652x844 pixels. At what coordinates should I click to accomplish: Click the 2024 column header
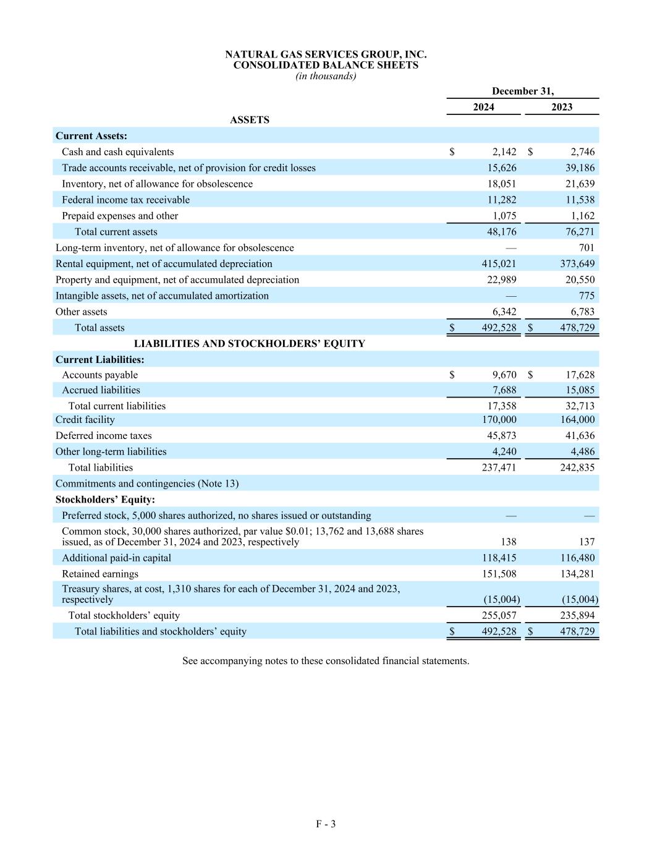tap(483, 107)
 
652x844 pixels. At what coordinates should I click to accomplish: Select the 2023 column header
tap(561, 107)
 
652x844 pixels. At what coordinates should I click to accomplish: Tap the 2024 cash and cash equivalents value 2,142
tap(504, 152)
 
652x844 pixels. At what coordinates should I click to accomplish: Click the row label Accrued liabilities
tap(101, 390)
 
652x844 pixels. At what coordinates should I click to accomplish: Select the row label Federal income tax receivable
tap(125, 200)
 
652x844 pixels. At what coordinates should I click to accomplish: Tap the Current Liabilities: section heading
tap(99, 360)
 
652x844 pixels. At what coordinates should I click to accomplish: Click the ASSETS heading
tap(250, 120)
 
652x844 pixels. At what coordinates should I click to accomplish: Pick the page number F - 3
tap(326, 824)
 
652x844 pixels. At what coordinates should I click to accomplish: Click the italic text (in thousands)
tap(326, 76)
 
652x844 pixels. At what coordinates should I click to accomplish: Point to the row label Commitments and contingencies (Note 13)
tap(147, 484)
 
